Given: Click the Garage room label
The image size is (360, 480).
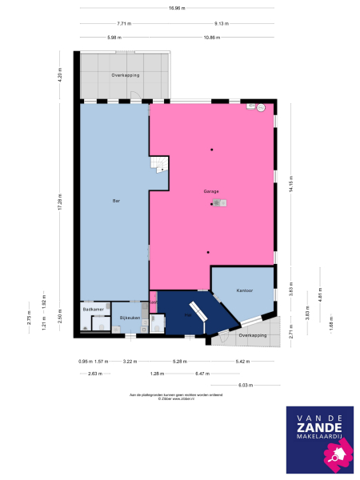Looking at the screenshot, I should pos(211,191).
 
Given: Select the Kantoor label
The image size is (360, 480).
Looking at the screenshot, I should pos(244,290).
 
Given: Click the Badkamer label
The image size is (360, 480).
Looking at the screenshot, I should pos(93,308).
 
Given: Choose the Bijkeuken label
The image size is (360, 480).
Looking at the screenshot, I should pos(130,318).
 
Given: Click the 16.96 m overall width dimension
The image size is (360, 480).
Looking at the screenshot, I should pos(177,8).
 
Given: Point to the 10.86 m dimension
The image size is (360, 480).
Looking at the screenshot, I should pos(211,38).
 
